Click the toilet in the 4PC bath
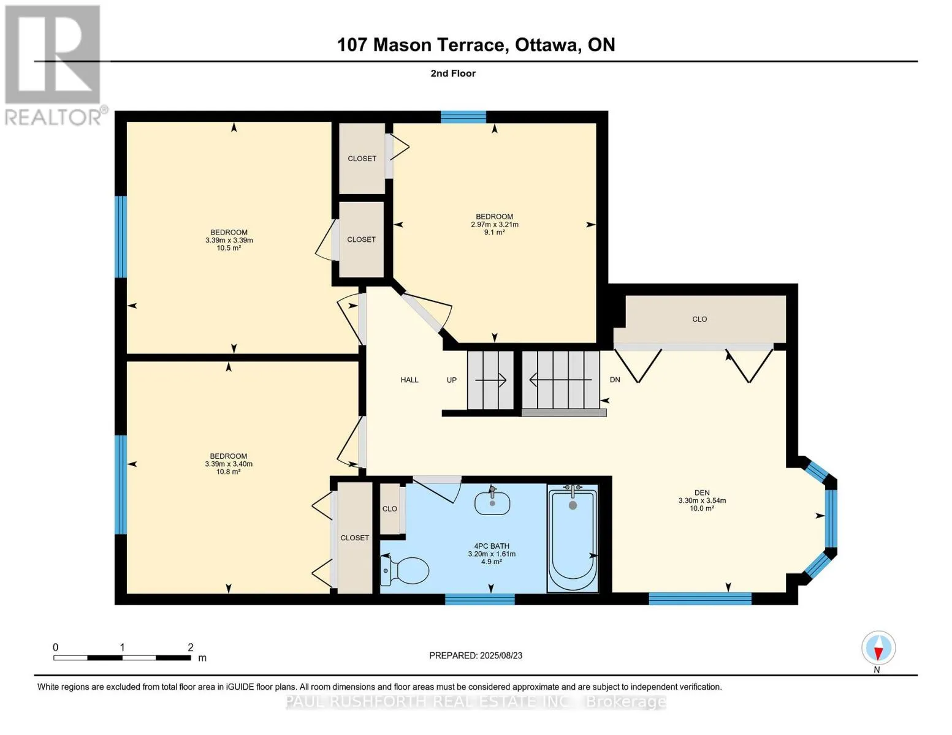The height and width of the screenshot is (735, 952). coord(404,570)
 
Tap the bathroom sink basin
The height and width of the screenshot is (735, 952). coord(492,503)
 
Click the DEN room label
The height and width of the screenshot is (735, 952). coord(702,492)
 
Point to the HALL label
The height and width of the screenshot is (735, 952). coord(409,380)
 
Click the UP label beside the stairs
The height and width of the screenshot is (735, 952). coord(451,380)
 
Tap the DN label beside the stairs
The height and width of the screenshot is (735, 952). coord(615,380)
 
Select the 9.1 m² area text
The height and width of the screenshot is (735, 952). coord(494,233)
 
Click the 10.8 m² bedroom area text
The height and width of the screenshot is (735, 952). coord(228,472)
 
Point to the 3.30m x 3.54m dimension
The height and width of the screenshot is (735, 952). coord(702,500)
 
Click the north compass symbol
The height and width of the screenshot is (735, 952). coord(878,648)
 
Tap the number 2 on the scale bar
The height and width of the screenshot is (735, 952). coord(191,647)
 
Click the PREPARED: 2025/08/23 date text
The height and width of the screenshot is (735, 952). coord(476,656)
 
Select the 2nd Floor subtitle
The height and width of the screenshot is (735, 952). coord(453,73)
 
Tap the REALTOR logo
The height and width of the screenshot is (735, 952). coord(55,66)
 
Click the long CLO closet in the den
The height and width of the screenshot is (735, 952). coord(699,319)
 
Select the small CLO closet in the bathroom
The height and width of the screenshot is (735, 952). coord(389,508)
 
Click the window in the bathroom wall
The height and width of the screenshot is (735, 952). coord(480,599)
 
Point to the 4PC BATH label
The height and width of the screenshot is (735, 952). coord(492,546)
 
